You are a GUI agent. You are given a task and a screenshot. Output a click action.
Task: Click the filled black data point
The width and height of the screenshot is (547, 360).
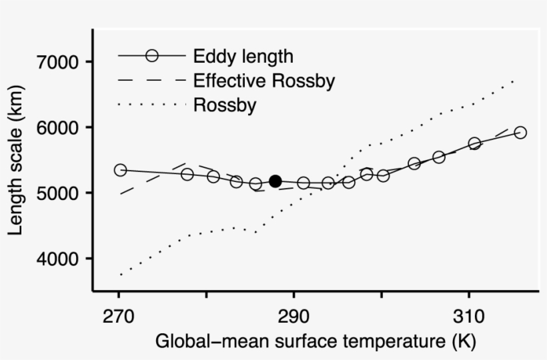pyautogui.click(x=275, y=181)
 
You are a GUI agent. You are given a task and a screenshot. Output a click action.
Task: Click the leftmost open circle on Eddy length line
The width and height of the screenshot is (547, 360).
pyautogui.click(x=120, y=170)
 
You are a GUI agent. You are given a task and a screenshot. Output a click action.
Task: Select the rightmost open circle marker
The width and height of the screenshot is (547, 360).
pyautogui.click(x=520, y=132)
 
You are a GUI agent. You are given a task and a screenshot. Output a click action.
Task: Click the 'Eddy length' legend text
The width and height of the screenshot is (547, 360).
pyautogui.click(x=243, y=56)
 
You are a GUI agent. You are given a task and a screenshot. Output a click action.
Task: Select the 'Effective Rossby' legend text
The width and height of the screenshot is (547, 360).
pyautogui.click(x=263, y=81)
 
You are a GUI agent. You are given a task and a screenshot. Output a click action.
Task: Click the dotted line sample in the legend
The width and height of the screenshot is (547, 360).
pyautogui.click(x=151, y=105)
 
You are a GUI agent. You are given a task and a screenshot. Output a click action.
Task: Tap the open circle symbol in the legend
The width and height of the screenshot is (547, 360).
pyautogui.click(x=152, y=56)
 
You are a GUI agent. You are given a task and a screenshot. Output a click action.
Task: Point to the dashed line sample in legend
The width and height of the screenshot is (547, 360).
pyautogui.click(x=151, y=81)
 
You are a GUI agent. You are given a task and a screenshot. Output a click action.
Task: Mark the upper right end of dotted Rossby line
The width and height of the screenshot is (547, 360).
pyautogui.click(x=513, y=81)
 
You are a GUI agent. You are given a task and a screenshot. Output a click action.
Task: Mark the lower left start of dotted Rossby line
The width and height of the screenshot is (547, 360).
pyautogui.click(x=121, y=274)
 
